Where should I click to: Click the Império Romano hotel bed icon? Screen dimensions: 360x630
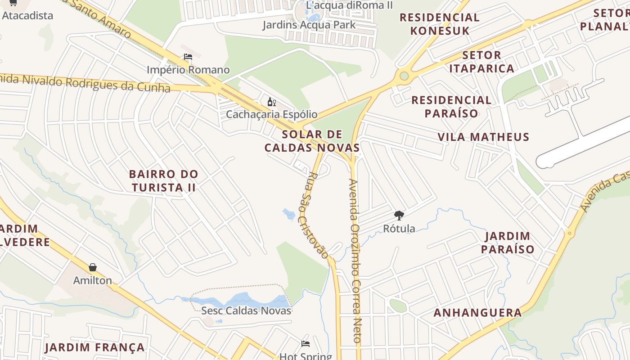(x=188, y=57)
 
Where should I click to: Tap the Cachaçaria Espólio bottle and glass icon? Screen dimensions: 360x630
(x=271, y=102)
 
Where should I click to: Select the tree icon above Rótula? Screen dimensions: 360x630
(x=399, y=215)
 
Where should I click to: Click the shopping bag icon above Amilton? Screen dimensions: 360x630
(x=93, y=267)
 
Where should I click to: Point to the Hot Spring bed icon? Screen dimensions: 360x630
(x=306, y=344)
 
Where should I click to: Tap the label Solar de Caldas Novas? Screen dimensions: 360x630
(x=312, y=141)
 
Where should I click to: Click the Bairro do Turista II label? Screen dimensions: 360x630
(x=163, y=180)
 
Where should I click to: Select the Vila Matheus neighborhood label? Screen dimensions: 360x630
(x=483, y=137)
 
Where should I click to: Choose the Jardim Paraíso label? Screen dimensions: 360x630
(x=508, y=243)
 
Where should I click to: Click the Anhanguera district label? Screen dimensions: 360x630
(x=477, y=313)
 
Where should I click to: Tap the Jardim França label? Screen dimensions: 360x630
(x=95, y=347)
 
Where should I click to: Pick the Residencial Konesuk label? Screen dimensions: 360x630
(x=440, y=24)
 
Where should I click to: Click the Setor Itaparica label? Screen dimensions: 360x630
(x=481, y=62)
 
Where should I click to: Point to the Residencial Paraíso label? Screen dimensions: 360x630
(x=451, y=106)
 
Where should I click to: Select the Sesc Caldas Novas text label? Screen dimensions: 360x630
(x=246, y=310)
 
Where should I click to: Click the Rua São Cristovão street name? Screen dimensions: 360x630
(x=318, y=215)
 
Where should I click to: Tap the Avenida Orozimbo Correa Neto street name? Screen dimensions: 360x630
(x=355, y=261)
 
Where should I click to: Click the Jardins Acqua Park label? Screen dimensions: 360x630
(x=309, y=25)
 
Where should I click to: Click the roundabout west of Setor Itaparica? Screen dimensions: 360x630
(x=404, y=76)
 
